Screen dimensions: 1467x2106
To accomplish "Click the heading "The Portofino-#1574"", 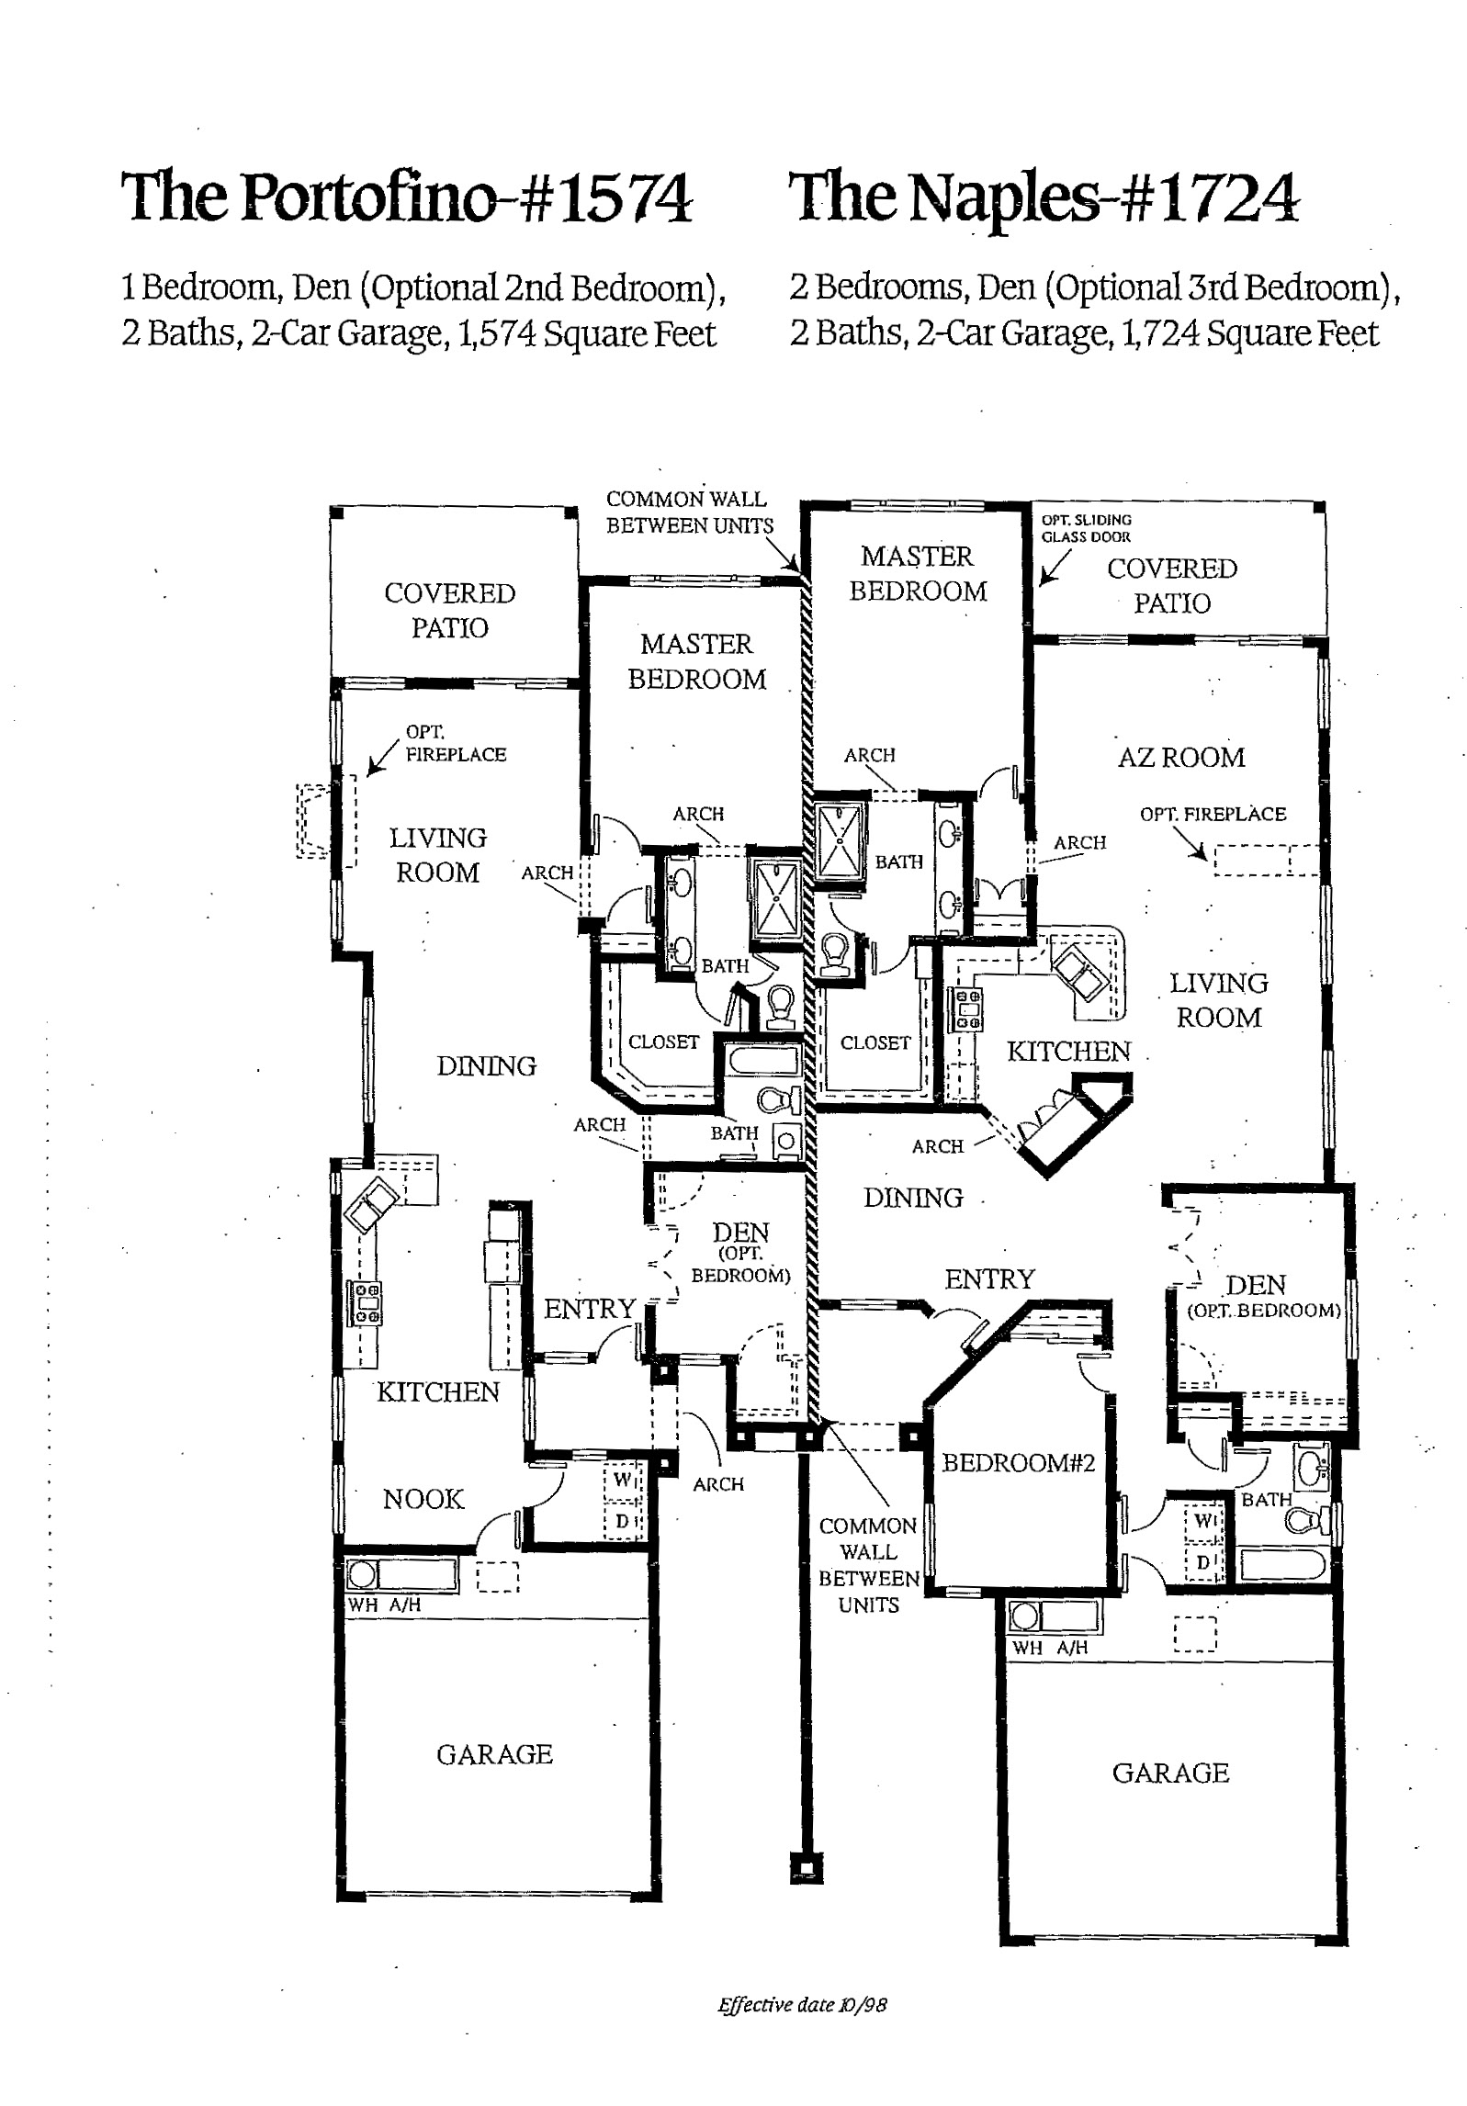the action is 407,197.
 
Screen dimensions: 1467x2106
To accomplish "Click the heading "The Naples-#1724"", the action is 1045,197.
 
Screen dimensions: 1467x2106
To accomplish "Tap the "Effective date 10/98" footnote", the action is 802,2005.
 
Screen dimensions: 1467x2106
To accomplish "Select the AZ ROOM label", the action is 1181,758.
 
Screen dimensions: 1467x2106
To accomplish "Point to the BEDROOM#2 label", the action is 1019,1462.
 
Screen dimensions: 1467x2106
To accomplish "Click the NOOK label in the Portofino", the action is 423,1499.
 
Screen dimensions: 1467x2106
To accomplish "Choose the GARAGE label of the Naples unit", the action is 1170,1773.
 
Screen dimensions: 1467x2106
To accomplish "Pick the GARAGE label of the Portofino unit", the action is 494,1754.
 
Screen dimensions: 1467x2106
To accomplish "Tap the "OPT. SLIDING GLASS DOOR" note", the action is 1086,528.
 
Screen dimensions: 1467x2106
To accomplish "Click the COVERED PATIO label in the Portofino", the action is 450,611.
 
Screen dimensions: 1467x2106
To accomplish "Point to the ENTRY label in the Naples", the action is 989,1278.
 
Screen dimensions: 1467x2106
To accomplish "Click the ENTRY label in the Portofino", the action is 590,1308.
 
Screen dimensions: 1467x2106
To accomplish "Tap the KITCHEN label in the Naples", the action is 1068,1051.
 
